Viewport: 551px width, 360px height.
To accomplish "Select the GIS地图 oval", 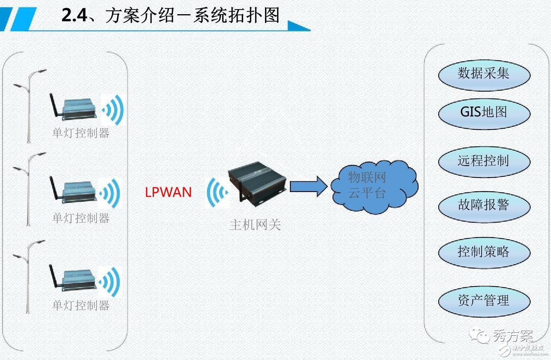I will pyautogui.click(x=484, y=112).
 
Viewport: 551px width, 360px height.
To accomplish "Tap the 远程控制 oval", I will pyautogui.click(x=484, y=161).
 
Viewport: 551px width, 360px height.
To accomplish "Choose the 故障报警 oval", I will pyautogui.click(x=484, y=205).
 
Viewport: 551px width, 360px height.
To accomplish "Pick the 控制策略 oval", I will pyautogui.click(x=484, y=252).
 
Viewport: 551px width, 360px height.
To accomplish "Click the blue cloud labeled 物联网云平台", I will pyautogui.click(x=374, y=186).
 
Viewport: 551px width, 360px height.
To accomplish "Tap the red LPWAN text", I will pyautogui.click(x=168, y=192).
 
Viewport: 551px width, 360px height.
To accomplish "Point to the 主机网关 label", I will pyautogui.click(x=255, y=225).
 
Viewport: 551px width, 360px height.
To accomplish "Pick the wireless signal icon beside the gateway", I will pyautogui.click(x=217, y=193).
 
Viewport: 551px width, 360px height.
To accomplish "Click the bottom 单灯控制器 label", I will pyautogui.click(x=81, y=305).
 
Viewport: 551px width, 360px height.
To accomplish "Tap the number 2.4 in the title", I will pyautogui.click(x=74, y=16).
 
